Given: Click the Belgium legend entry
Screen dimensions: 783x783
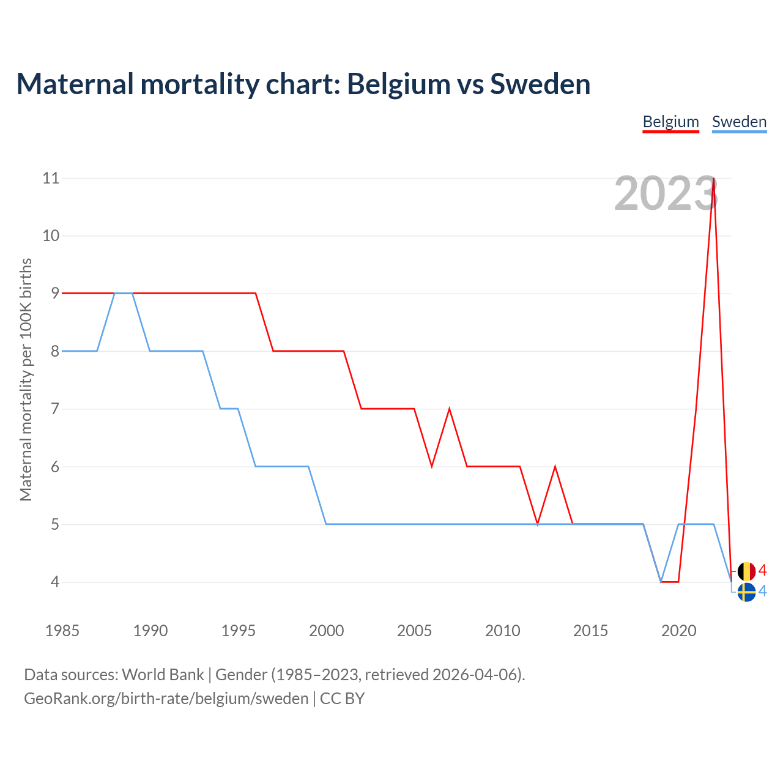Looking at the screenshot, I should pyautogui.click(x=670, y=122).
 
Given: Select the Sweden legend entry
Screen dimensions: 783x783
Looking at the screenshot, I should pyautogui.click(x=739, y=122).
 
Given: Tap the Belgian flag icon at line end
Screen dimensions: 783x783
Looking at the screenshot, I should pyautogui.click(x=746, y=571).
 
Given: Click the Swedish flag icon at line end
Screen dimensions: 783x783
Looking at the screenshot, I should pyautogui.click(x=746, y=592).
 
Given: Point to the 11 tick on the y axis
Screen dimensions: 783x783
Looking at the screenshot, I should pyautogui.click(x=51, y=178).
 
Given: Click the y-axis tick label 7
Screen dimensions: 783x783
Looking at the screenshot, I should pyautogui.click(x=55, y=409).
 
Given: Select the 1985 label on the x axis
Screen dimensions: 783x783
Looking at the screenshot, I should pyautogui.click(x=62, y=631).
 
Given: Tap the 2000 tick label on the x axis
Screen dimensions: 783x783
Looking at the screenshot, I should pyautogui.click(x=326, y=631).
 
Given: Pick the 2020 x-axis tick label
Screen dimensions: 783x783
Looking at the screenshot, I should pyautogui.click(x=678, y=631).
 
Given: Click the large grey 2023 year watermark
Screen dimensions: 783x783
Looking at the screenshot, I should pyautogui.click(x=665, y=194).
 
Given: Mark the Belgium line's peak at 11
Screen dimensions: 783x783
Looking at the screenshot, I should pyautogui.click(x=714, y=179).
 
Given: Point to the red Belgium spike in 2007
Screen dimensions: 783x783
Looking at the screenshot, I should pyautogui.click(x=450, y=409).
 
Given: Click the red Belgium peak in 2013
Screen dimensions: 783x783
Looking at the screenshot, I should pyautogui.click(x=555, y=467).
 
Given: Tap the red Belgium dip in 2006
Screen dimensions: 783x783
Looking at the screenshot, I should pyautogui.click(x=432, y=466).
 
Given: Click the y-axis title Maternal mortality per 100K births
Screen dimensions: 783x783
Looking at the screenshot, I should pyautogui.click(x=26, y=379).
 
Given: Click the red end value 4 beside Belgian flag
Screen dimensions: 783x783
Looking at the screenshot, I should pyautogui.click(x=762, y=571).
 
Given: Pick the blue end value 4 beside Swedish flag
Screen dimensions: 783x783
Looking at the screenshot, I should pyautogui.click(x=762, y=592).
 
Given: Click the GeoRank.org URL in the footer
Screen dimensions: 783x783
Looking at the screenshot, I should pyautogui.click(x=166, y=699).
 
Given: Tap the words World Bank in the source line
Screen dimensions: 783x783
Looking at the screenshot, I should pyautogui.click(x=163, y=675).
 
